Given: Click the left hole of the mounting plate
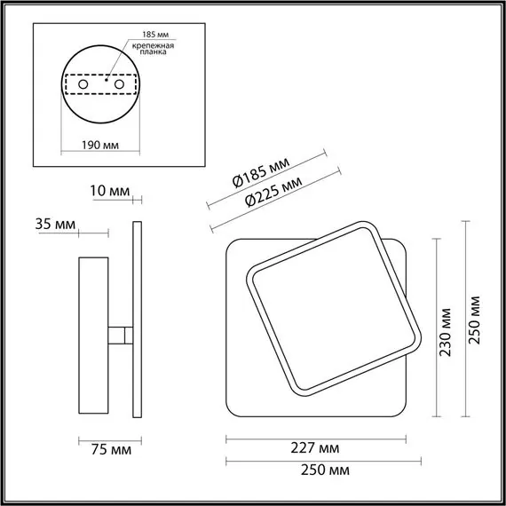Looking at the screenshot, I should tap(83, 83).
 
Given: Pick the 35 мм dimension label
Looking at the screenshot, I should tap(54, 224).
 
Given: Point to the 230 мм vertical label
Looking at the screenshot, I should tap(446, 331).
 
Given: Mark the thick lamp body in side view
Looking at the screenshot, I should tap(93, 336).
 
